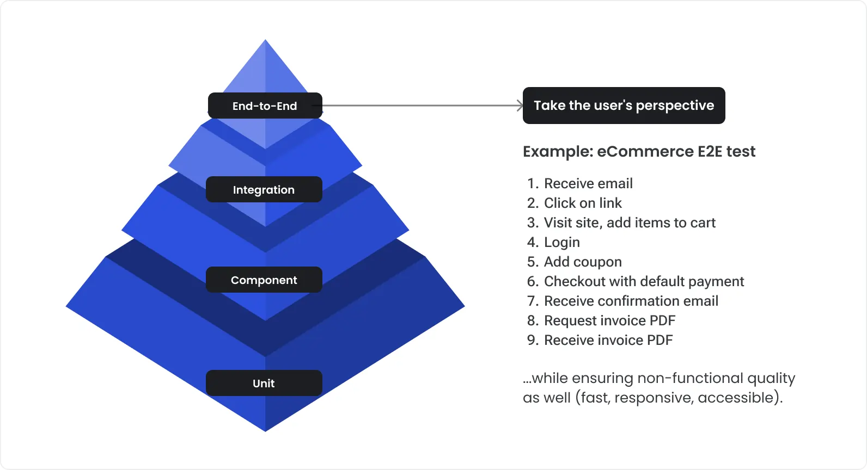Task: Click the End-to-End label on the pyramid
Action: [265, 106]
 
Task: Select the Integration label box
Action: [264, 189]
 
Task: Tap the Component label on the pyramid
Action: [264, 280]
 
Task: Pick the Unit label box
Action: [264, 383]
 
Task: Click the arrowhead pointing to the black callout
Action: [520, 106]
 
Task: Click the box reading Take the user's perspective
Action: [624, 106]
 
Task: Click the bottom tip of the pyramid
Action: [265, 430]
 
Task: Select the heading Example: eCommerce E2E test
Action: [639, 151]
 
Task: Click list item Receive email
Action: [588, 183]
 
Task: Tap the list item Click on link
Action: [583, 203]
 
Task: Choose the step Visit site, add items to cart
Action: [630, 222]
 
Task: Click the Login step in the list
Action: [561, 242]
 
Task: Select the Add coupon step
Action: [583, 262]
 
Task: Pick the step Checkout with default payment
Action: [644, 281]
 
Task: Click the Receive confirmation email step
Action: [631, 301]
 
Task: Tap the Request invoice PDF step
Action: [609, 320]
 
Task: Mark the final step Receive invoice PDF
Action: [608, 340]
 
